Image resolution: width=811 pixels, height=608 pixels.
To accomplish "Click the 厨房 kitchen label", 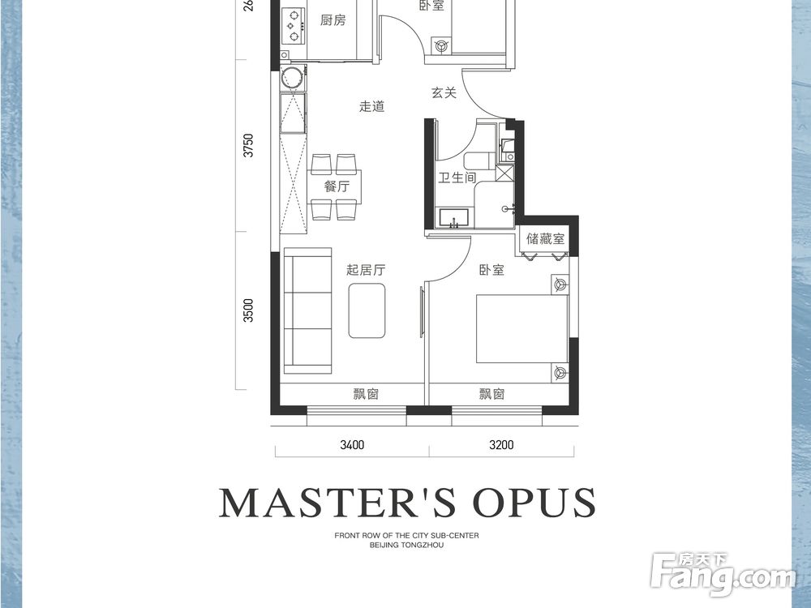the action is pyautogui.click(x=333, y=20).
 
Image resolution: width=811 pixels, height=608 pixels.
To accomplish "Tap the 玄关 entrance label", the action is pyautogui.click(x=444, y=93).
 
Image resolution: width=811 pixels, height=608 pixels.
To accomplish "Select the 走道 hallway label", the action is pyautogui.click(x=372, y=106).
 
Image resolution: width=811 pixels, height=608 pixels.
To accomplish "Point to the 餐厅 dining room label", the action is pyautogui.click(x=337, y=186).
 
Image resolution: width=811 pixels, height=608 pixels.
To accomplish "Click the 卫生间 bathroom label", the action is pyautogui.click(x=457, y=178).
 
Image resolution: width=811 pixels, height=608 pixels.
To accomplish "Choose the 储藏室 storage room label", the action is pyautogui.click(x=545, y=238).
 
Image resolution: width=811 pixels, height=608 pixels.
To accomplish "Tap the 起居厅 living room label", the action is pyautogui.click(x=366, y=269).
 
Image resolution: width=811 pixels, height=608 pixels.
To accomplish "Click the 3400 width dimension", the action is pyautogui.click(x=352, y=444).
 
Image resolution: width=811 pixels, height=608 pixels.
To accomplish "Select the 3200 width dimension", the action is pyautogui.click(x=501, y=444).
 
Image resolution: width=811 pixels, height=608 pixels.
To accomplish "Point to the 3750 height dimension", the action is pyautogui.click(x=249, y=145).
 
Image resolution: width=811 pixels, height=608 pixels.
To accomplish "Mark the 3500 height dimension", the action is pyautogui.click(x=249, y=310).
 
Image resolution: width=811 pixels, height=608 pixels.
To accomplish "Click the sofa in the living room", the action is pyautogui.click(x=307, y=310).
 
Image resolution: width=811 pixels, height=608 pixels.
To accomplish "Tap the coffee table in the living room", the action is pyautogui.click(x=367, y=310).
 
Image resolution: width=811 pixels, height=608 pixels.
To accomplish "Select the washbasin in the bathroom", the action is pyautogui.click(x=454, y=217).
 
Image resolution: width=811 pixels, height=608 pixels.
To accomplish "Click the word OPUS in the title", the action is pyautogui.click(x=534, y=502).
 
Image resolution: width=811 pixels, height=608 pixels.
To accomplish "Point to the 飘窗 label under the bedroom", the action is pyautogui.click(x=491, y=394).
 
